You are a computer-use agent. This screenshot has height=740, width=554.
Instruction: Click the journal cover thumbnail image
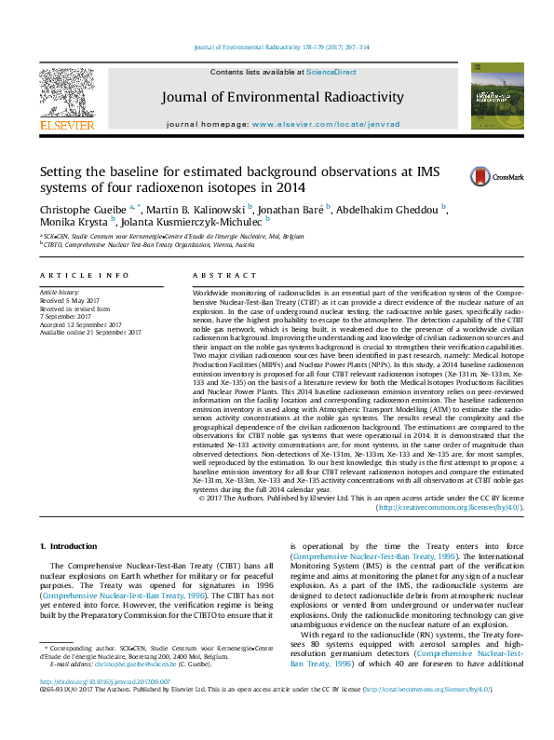490,96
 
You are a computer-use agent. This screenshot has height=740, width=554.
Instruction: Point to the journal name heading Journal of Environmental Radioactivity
282,97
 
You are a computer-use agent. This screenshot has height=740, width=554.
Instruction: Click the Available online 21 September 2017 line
90,332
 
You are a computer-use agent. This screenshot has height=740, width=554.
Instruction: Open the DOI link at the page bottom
92,706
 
